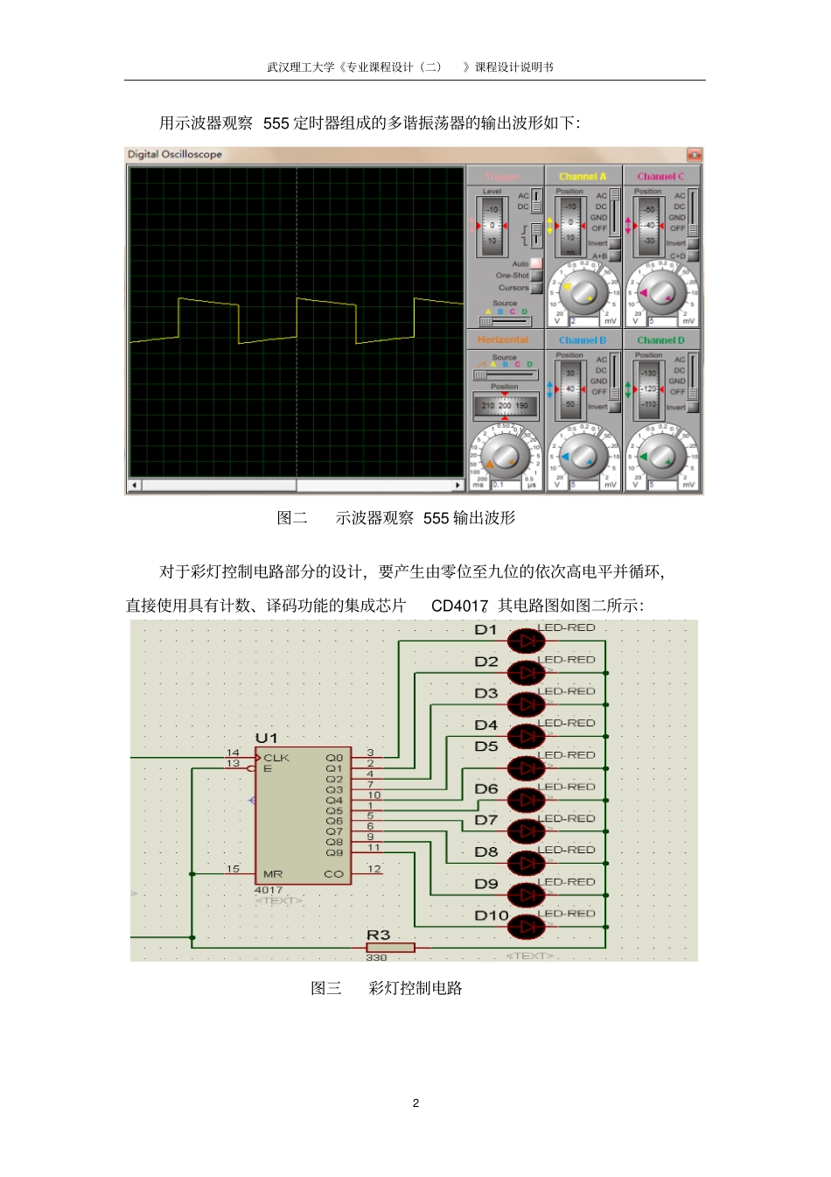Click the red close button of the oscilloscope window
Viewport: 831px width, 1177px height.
tap(694, 155)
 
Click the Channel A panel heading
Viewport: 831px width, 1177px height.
tap(583, 176)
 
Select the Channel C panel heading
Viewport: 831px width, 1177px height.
tap(660, 176)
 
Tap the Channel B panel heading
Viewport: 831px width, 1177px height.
tap(583, 340)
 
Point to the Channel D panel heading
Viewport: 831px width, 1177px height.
tap(660, 340)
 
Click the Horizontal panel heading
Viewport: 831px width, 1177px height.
tap(503, 340)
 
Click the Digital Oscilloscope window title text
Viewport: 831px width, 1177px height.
tap(175, 155)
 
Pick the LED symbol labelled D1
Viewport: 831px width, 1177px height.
tap(526, 641)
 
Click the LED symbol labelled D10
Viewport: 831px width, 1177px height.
tap(526, 926)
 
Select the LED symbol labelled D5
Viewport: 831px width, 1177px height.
tap(526, 768)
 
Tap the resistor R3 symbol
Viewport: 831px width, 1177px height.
tap(390, 948)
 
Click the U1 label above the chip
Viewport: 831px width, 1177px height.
tap(266, 739)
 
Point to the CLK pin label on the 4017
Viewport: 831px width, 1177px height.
tap(276, 758)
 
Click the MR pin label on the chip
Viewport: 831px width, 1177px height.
tap(273, 874)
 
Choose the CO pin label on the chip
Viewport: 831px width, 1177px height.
tap(333, 874)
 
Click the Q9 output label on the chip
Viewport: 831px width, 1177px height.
tap(334, 852)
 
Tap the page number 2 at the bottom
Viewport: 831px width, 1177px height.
tap(415, 1103)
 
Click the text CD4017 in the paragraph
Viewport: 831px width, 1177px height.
tap(459, 606)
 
